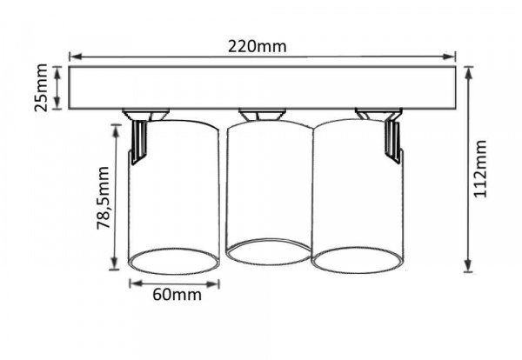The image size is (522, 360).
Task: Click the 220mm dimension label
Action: click(257, 47)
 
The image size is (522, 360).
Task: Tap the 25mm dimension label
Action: click(42, 88)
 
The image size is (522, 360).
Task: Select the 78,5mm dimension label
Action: click(103, 198)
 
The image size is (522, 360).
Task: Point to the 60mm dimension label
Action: click(177, 295)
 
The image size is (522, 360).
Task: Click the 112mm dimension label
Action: click(480, 169)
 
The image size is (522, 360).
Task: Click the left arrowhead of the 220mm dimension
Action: click(75, 57)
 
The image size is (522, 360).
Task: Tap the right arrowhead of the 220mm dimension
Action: click(449, 57)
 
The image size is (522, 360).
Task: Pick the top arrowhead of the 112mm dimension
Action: click(469, 73)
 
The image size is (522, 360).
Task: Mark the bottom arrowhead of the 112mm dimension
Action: click(468, 265)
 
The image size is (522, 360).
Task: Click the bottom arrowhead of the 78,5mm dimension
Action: click(115, 263)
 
